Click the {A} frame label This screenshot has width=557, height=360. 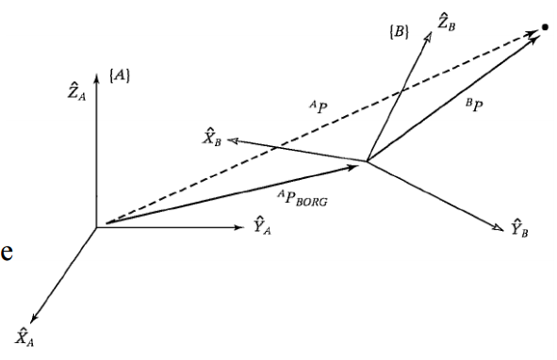120,73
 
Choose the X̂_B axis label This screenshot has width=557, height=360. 211,139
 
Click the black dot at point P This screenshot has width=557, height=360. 544,27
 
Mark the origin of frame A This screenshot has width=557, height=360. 95,226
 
